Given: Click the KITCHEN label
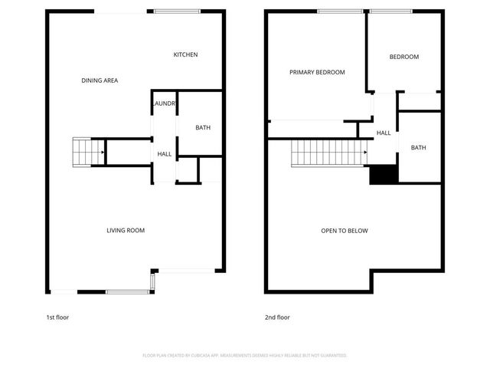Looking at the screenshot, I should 185,54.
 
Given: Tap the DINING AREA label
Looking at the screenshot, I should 100,80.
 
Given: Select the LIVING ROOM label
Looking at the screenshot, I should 125,230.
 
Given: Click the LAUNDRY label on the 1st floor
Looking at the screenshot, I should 165,103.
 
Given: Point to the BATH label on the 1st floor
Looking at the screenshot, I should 203,128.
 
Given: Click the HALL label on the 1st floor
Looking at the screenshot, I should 165,154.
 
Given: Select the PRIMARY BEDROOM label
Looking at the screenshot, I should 317,72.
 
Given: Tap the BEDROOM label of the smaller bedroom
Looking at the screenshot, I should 403,57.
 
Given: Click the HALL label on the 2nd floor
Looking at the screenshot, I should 384,133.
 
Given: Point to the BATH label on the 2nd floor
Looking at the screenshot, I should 418,148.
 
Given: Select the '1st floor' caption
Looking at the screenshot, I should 57,317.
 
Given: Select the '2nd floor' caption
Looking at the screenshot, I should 277,317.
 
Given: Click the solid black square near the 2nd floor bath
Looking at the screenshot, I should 383,176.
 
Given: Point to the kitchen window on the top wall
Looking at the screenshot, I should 177,11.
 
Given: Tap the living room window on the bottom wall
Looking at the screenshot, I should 127,291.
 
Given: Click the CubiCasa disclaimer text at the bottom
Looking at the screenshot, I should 245,355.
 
